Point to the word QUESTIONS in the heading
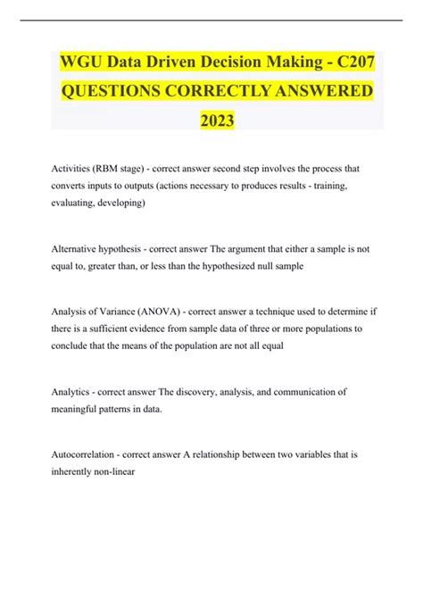click(112, 90)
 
